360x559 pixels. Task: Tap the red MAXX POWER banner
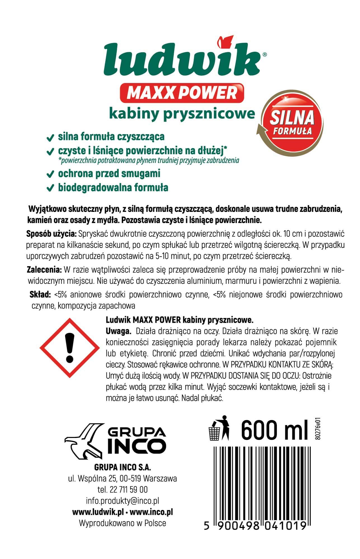(182, 93)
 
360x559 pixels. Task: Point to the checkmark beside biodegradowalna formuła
(50, 188)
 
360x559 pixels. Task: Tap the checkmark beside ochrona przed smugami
(50, 174)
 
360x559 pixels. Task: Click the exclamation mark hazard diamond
(70, 348)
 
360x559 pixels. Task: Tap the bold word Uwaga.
(119, 331)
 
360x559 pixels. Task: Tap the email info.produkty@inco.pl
(123, 501)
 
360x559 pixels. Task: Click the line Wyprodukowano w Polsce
(123, 523)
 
